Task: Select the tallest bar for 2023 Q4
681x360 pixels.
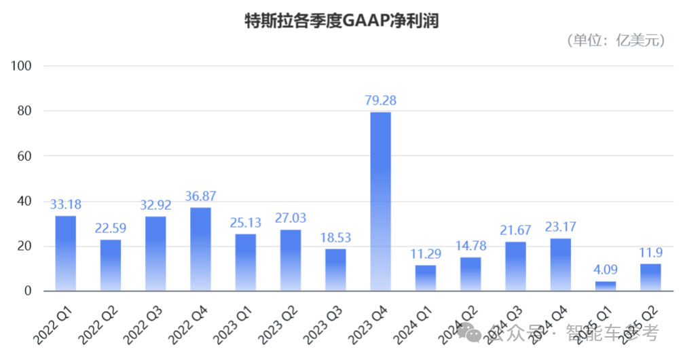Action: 380,201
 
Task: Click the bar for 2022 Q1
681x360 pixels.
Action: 65,253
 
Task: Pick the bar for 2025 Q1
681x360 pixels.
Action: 606,286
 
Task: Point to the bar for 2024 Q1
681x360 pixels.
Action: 425,278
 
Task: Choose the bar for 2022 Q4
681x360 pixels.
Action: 200,249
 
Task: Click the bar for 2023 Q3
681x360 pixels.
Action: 335,270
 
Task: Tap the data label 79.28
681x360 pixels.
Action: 380,101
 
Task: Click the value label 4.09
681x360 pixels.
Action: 606,270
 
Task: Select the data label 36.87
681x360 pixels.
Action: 200,196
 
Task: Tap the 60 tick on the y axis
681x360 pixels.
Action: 25,156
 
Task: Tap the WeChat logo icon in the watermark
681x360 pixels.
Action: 470,332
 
